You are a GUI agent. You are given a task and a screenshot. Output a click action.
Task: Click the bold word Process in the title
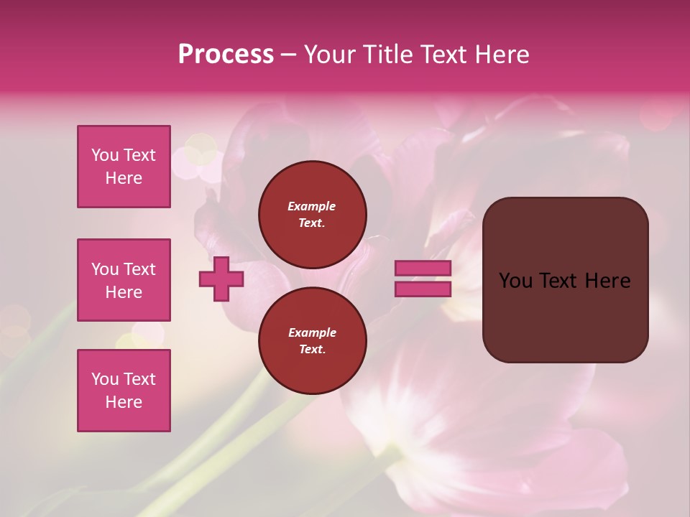pos(226,55)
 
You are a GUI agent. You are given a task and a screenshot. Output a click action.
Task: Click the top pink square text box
pos(124,167)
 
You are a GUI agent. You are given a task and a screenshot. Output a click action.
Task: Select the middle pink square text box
pos(124,280)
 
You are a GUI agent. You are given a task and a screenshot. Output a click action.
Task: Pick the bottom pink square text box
pos(124,391)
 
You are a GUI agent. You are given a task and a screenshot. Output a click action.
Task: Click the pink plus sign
pos(221,279)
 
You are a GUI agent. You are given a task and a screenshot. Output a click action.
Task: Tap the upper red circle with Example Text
pos(312,215)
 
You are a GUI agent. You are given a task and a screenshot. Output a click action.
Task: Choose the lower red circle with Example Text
pos(312,341)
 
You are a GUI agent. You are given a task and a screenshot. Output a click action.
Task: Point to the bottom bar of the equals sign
pos(423,289)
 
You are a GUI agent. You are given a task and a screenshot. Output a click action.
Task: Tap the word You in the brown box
pos(515,281)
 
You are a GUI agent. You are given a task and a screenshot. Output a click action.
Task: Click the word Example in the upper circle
pos(312,206)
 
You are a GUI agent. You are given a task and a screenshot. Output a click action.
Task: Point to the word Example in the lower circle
pos(312,332)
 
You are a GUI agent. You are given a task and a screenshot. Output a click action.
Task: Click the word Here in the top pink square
pos(124,178)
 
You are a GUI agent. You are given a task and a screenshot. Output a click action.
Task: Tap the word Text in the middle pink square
pos(140,269)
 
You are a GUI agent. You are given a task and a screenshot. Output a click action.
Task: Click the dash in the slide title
pos(288,55)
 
